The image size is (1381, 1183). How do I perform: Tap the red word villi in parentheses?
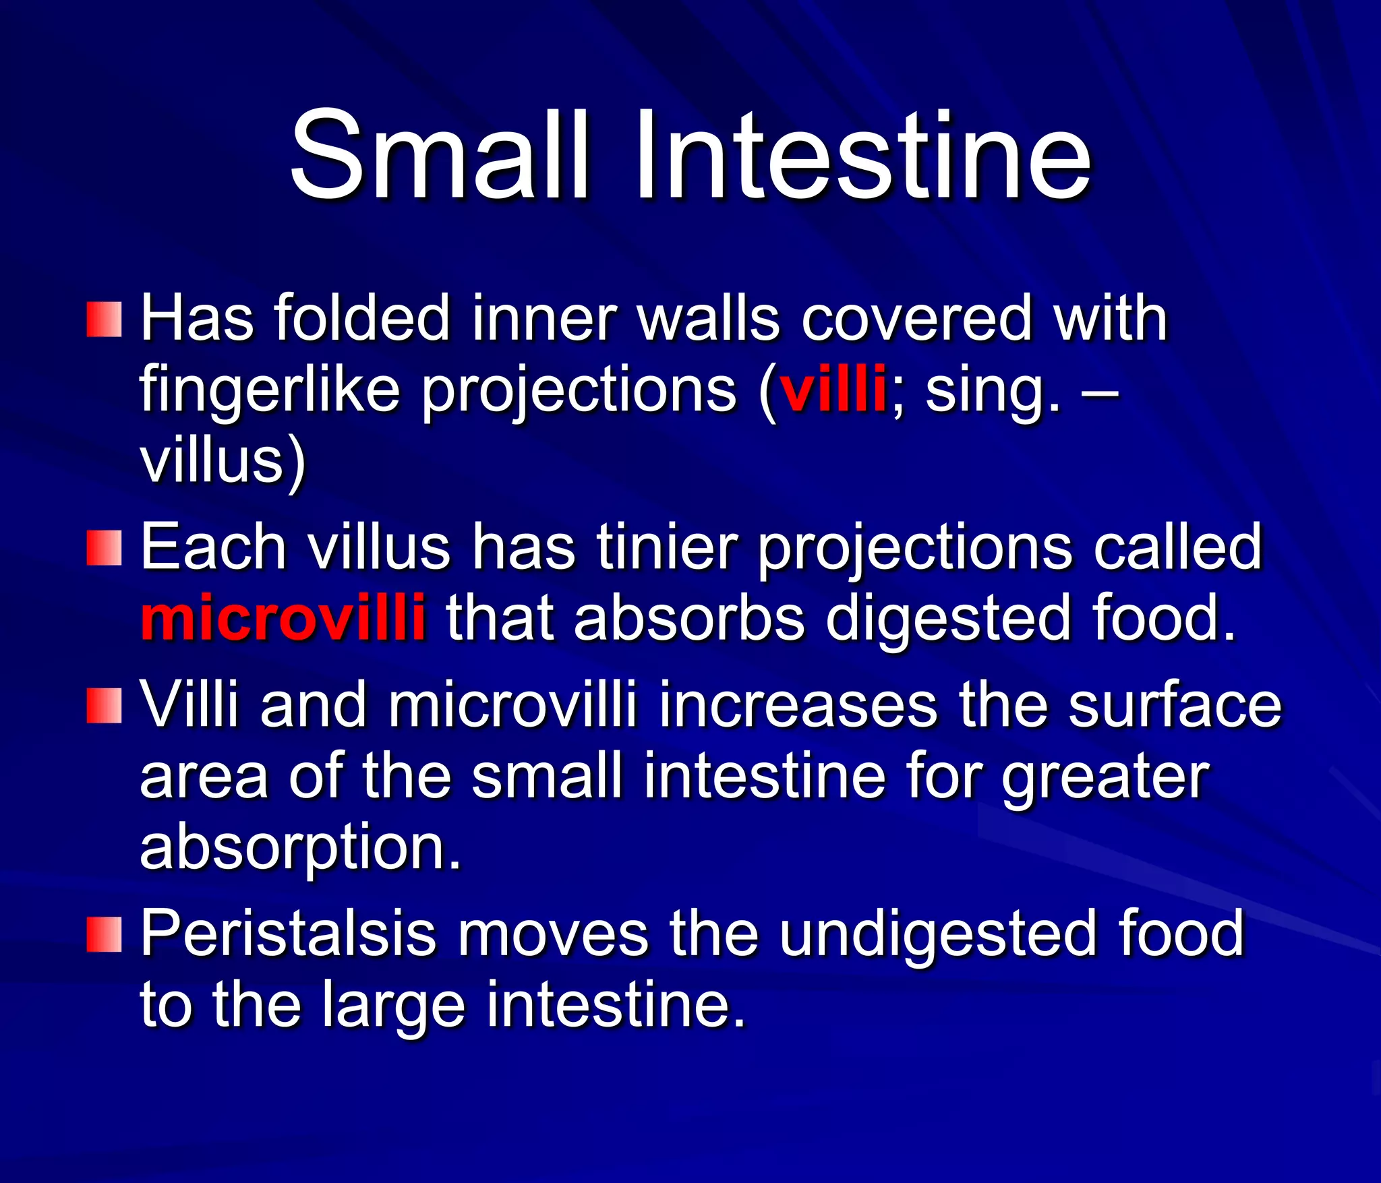833,390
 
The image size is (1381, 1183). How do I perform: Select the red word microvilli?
283,617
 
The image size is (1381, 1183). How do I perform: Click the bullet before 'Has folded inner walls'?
104,320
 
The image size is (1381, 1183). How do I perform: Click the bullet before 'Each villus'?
104,548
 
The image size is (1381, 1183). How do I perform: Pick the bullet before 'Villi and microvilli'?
104,706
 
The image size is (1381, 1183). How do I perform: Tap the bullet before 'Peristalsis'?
104,934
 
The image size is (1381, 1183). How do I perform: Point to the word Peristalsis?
288,934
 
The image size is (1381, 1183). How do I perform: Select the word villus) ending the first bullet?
223,462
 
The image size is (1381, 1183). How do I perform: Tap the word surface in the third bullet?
1174,706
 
